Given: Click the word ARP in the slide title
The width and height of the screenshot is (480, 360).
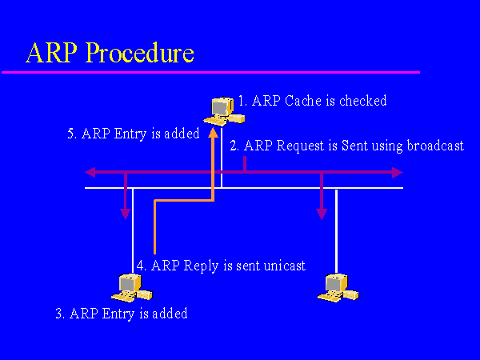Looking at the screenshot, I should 52,53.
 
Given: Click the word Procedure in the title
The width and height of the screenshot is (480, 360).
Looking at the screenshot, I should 140,53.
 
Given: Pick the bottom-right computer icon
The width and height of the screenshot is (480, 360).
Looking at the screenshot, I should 333,286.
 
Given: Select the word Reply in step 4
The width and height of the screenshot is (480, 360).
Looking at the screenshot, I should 199,266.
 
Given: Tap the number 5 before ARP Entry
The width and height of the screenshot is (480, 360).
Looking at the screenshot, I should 71,134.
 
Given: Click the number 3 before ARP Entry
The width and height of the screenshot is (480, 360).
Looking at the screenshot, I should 59,314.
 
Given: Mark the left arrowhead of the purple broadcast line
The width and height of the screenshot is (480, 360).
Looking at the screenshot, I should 91,172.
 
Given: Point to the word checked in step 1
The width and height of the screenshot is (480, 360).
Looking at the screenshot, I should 362,101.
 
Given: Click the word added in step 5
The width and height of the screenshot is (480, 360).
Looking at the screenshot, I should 181,134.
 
